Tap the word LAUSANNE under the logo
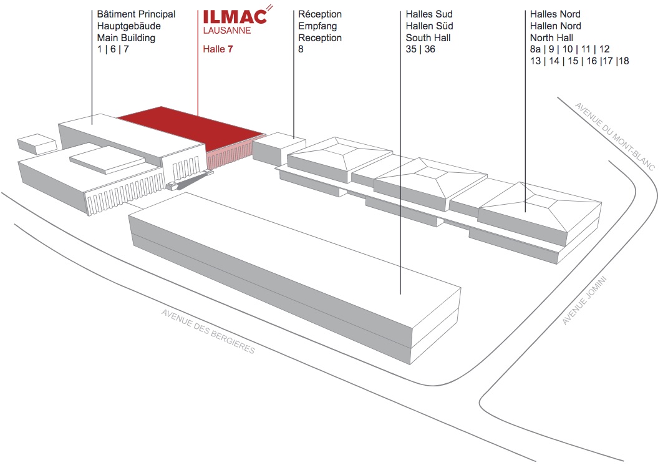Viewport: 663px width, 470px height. click(228, 30)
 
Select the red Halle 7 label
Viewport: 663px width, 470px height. click(218, 49)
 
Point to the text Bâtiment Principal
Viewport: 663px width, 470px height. click(136, 14)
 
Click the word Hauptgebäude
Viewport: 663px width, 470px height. click(129, 26)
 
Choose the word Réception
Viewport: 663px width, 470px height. click(320, 14)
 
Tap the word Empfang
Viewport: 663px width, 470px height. click(317, 26)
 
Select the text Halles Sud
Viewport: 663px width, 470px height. click(429, 14)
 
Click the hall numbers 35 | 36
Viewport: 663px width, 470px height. click(420, 49)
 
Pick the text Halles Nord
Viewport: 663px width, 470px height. click(555, 14)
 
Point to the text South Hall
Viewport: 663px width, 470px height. click(428, 37)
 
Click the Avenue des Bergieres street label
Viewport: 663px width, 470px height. click(208, 331)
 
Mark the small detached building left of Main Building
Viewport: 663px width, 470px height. click(37, 145)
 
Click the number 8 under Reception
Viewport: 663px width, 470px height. click(301, 49)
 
